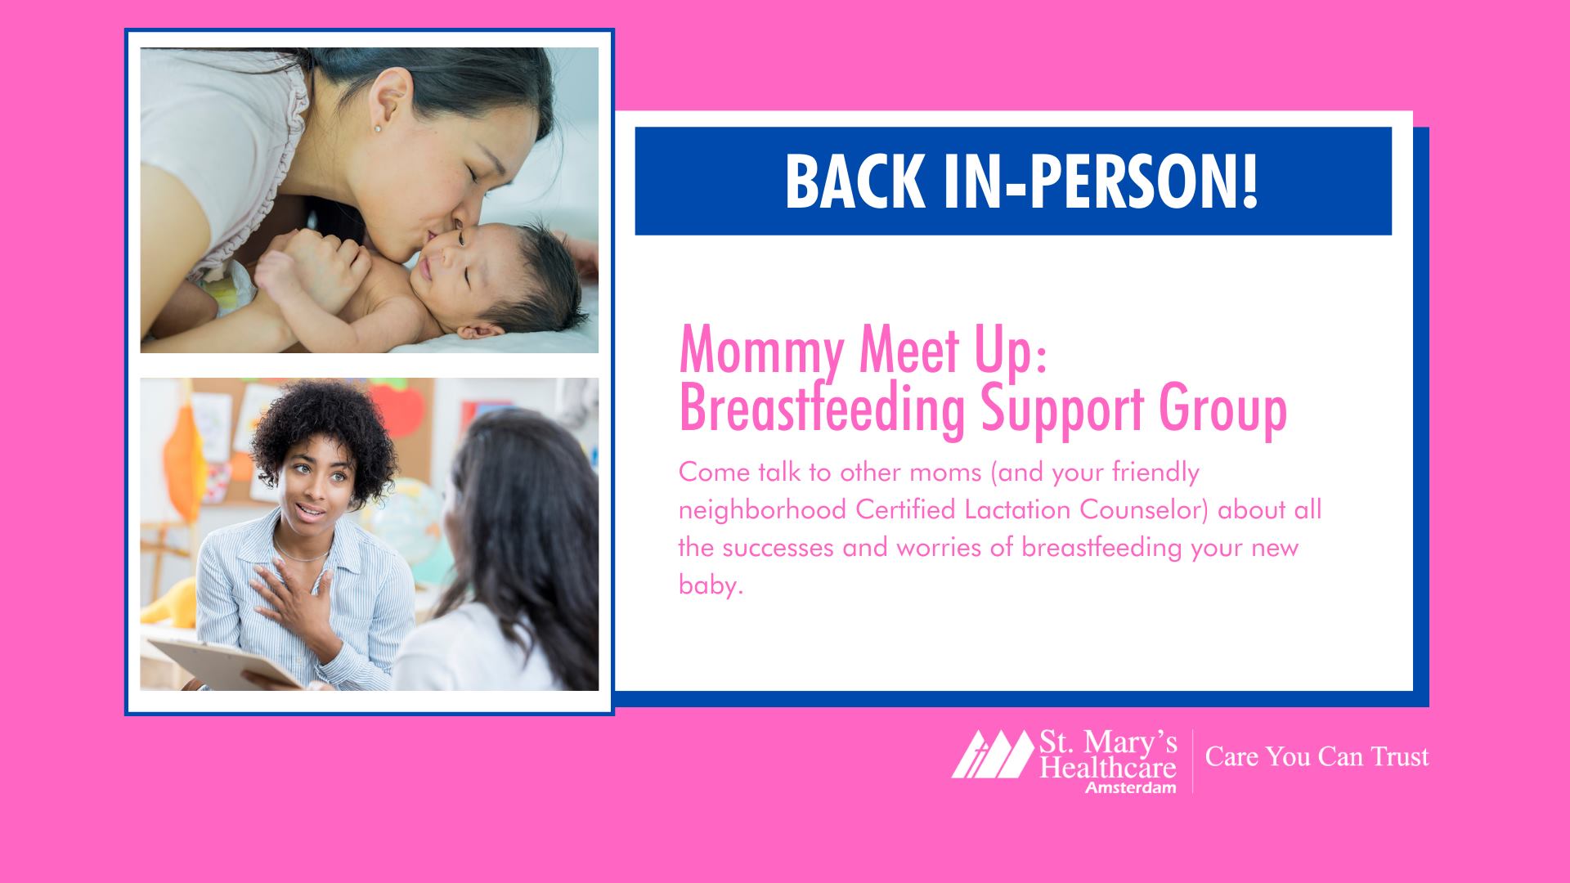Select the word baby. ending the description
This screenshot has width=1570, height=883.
711,585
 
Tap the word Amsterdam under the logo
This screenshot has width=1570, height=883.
1131,787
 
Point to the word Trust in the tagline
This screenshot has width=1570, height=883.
1400,756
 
